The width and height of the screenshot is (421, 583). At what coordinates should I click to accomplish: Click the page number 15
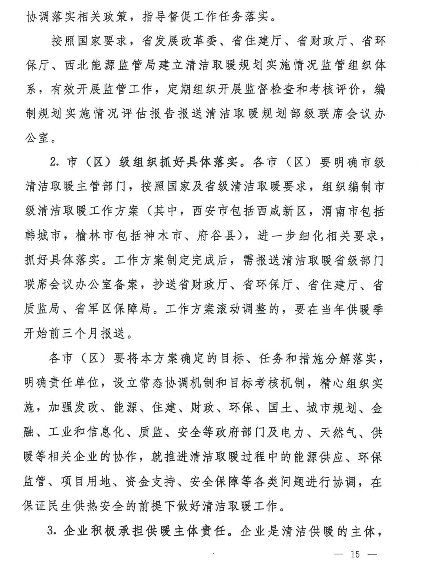click(355, 554)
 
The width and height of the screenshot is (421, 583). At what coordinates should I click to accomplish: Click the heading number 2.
click(54, 162)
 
